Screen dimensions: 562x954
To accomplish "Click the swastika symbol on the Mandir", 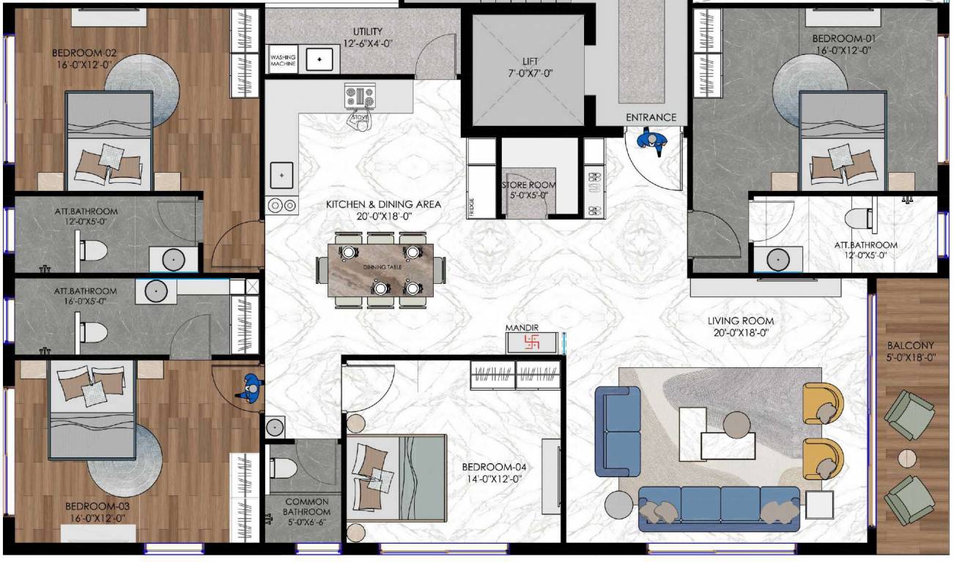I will (x=532, y=342).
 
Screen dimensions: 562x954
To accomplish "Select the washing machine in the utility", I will (x=283, y=60).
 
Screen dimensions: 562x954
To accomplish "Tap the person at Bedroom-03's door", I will (x=250, y=387).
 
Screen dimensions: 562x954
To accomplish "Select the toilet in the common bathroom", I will (x=282, y=467).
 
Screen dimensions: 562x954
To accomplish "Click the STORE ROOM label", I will (x=529, y=186).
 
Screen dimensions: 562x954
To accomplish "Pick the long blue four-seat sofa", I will (x=719, y=507).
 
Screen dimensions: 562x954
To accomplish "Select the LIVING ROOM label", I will (x=740, y=321).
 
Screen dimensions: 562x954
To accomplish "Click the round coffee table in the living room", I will (x=736, y=424).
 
